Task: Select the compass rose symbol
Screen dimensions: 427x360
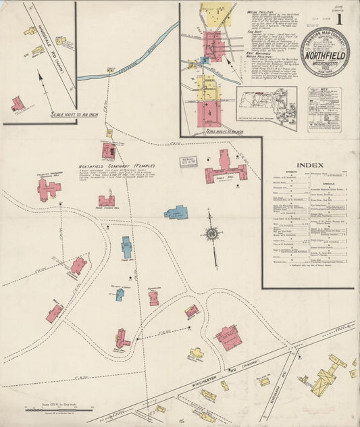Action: pyautogui.click(x=211, y=234)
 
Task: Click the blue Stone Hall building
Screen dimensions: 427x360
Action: pyautogui.click(x=126, y=247)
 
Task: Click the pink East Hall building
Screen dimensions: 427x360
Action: pyautogui.click(x=122, y=338)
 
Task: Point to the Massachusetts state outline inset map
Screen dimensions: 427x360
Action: pyautogui.click(x=267, y=107)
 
